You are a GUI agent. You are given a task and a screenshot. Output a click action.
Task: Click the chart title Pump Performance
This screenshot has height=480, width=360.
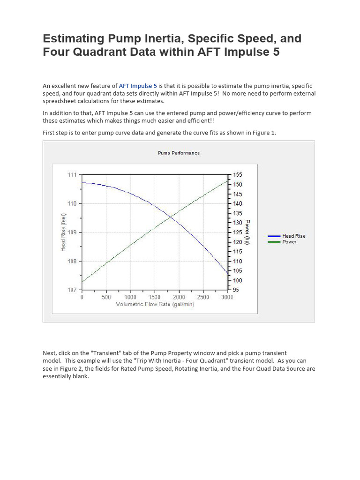tap(179, 153)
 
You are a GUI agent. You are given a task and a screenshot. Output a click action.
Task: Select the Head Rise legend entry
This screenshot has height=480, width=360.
tap(293, 236)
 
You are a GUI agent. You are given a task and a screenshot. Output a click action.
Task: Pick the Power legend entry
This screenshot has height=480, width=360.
tap(289, 242)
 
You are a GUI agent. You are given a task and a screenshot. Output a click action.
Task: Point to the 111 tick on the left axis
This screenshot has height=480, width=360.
tap(72, 174)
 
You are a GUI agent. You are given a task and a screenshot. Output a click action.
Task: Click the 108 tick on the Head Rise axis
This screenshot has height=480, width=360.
tap(72, 261)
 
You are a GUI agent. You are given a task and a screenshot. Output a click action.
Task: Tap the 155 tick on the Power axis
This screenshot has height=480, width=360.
tap(238, 174)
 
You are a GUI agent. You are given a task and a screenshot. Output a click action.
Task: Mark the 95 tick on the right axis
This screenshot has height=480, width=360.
tap(236, 290)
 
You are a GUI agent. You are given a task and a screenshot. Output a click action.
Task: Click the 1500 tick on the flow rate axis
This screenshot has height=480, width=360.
tap(154, 297)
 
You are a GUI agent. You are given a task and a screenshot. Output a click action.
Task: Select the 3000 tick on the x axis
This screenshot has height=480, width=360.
tap(227, 297)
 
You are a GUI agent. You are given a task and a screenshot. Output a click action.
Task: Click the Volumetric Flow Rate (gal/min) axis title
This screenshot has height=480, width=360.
tap(155, 304)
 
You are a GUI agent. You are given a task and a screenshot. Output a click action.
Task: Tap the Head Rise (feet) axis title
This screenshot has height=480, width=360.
tap(63, 232)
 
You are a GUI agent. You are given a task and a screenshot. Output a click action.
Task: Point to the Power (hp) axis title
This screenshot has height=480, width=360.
tap(248, 232)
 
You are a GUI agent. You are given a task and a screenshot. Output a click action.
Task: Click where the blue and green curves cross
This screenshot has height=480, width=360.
tap(171, 217)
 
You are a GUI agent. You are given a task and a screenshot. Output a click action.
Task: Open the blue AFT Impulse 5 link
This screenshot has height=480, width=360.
tap(138, 86)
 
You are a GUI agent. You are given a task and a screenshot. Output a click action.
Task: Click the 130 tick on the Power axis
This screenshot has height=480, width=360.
tap(238, 223)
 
